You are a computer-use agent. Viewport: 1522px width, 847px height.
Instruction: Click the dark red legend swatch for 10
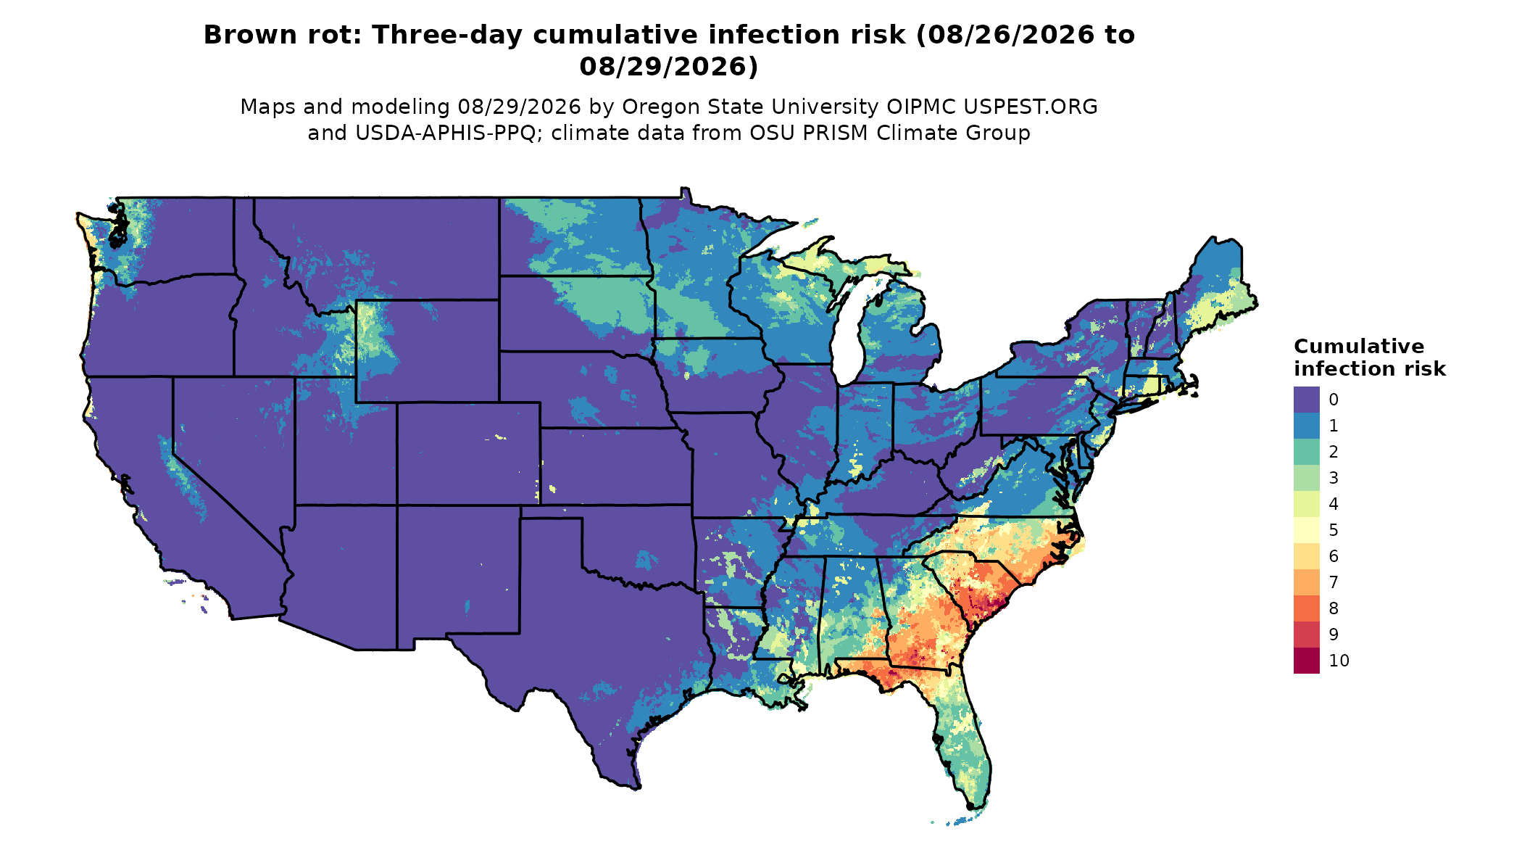(x=1306, y=661)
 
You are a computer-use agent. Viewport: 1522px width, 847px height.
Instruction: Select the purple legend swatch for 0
(x=1306, y=400)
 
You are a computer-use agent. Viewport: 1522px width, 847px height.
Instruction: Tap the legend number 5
(x=1334, y=530)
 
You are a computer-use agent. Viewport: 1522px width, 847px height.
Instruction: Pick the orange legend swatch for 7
(x=1306, y=582)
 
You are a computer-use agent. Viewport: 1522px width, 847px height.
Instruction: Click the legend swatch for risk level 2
(x=1306, y=452)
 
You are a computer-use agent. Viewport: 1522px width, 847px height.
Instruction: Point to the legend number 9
(x=1334, y=635)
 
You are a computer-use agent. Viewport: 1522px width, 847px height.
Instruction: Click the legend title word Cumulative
(x=1359, y=346)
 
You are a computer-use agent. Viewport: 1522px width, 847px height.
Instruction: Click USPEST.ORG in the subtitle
(x=1030, y=107)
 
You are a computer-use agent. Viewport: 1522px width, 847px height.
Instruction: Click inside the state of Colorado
(x=468, y=453)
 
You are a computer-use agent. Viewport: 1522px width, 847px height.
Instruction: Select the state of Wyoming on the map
(x=427, y=351)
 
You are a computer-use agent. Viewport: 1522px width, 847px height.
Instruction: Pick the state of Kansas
(x=616, y=466)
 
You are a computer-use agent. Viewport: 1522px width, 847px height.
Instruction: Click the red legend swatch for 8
(x=1306, y=608)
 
